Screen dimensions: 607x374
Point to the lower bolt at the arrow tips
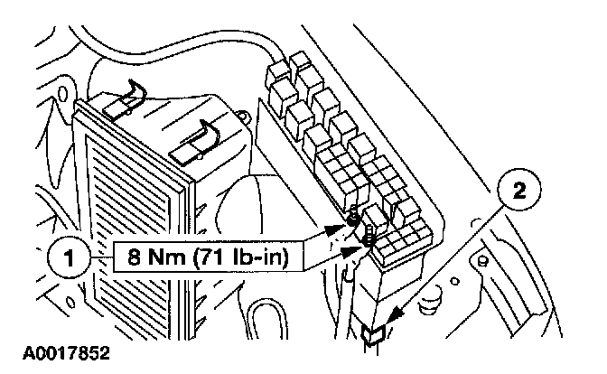369,239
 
